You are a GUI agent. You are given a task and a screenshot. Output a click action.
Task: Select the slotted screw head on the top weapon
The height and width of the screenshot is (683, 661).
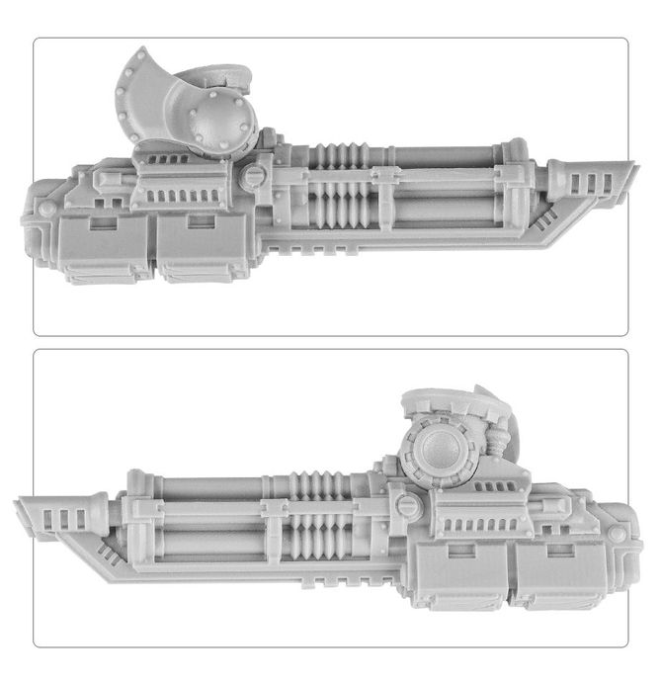[x=252, y=179]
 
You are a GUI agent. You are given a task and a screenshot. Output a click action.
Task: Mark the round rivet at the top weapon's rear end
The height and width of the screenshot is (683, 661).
[x=46, y=209]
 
